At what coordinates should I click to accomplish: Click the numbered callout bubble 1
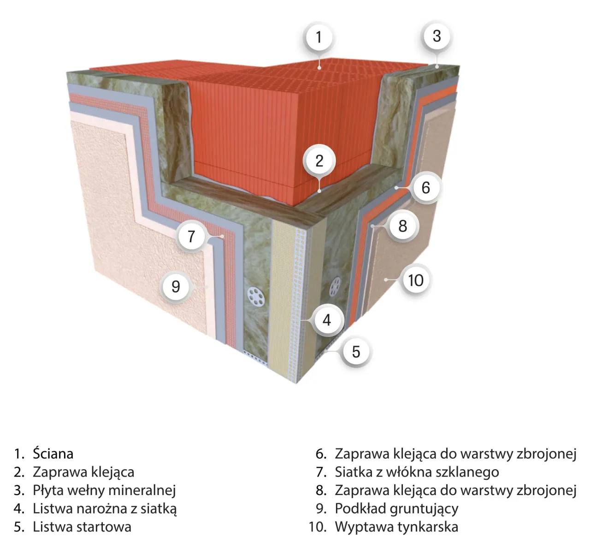tap(319, 36)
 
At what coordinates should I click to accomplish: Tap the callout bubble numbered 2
tap(319, 161)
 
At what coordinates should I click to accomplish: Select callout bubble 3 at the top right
tap(437, 36)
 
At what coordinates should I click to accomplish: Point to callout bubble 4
tap(327, 320)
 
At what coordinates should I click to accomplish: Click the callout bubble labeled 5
tap(355, 352)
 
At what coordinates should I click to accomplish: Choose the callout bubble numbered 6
tap(425, 187)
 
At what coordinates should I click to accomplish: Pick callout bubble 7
tap(191, 236)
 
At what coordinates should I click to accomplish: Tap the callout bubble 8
tap(403, 226)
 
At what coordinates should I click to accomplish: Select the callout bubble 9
tap(176, 286)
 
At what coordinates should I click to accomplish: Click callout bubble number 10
tap(415, 280)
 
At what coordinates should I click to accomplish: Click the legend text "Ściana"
tap(53, 454)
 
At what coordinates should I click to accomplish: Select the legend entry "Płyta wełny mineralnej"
tap(104, 490)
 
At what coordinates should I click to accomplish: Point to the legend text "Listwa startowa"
tap(82, 526)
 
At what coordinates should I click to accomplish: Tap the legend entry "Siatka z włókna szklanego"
tap(417, 472)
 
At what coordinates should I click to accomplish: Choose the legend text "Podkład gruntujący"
tap(396, 508)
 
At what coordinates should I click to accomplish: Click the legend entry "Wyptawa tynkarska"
tap(396, 526)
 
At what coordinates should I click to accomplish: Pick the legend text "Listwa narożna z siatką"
tap(105, 508)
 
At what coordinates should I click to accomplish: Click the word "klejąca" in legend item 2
tap(113, 472)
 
